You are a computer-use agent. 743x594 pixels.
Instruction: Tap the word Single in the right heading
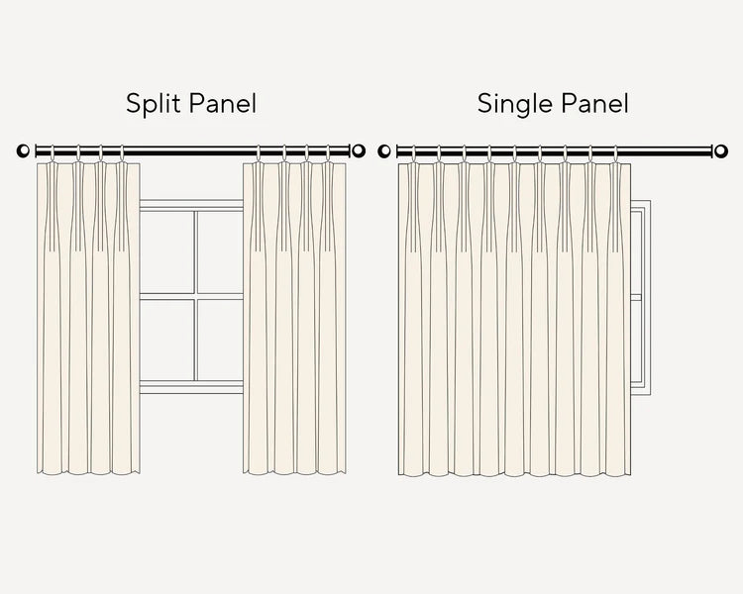tap(513, 104)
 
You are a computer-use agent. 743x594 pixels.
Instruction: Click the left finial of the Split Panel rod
tap(23, 151)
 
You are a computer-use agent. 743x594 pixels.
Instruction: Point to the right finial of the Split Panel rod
tap(359, 151)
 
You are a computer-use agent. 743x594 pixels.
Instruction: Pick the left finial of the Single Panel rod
tap(384, 151)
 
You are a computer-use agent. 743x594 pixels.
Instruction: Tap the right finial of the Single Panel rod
tap(721, 151)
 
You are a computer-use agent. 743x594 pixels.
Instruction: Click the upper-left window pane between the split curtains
tap(166, 252)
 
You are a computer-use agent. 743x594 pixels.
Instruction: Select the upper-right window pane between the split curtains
tap(220, 252)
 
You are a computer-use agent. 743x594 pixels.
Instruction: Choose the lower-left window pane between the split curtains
tap(166, 340)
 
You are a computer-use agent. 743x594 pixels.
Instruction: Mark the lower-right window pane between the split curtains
tap(220, 340)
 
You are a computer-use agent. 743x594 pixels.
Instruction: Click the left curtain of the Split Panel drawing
tap(88, 319)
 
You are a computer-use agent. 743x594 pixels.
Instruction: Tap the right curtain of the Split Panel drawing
tap(294, 319)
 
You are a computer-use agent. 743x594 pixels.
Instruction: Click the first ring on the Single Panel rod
tap(413, 153)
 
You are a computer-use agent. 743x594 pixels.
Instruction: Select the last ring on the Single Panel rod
tap(616, 153)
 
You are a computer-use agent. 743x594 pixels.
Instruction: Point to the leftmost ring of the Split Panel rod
tap(52, 153)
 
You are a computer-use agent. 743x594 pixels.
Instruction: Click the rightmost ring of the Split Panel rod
tap(328, 153)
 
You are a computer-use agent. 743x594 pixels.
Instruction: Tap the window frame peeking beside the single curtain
tap(640, 297)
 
